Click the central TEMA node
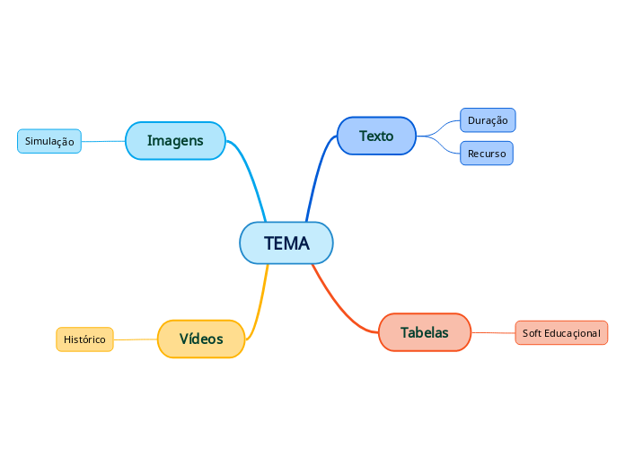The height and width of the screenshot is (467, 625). tap(286, 243)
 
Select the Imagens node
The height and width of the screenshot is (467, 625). tap(175, 141)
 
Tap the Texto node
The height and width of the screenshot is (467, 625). tap(376, 137)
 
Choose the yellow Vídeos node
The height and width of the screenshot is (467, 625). tap(201, 339)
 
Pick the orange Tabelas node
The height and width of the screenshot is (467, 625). tap(425, 332)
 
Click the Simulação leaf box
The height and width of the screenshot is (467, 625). tap(49, 141)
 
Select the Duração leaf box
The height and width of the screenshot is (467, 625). tap(488, 120)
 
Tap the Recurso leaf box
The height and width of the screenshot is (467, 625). tap(487, 154)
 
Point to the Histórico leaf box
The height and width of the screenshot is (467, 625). tap(84, 339)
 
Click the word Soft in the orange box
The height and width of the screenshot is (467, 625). tap(532, 333)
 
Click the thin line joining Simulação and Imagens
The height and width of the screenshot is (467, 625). tap(103, 141)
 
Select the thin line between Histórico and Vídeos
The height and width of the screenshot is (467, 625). tap(135, 339)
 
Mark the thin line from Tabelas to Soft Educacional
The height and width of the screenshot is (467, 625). tap(493, 333)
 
